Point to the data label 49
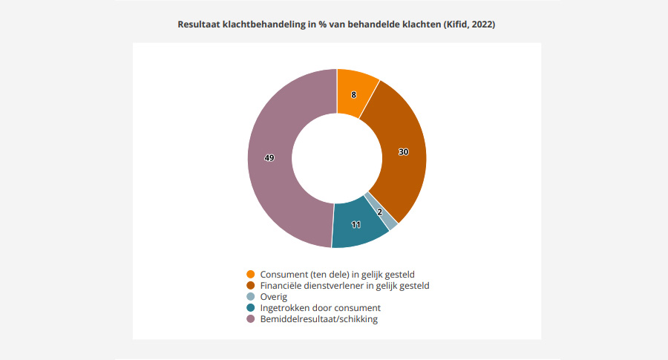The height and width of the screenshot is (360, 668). point(269,157)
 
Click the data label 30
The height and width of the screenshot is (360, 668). point(403,151)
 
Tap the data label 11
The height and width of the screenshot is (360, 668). point(356,224)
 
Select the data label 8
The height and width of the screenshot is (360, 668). point(354,94)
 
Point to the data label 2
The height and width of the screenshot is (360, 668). point(380,212)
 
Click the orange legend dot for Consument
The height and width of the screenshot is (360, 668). point(251,274)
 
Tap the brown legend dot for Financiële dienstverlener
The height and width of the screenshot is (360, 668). point(251,285)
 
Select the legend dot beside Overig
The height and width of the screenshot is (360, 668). point(251,296)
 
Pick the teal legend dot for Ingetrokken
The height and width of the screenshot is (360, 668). point(251,307)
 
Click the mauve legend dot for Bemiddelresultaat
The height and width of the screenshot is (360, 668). point(251,319)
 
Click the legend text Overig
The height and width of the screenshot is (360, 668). point(274,296)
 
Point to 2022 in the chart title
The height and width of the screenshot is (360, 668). point(481,24)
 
